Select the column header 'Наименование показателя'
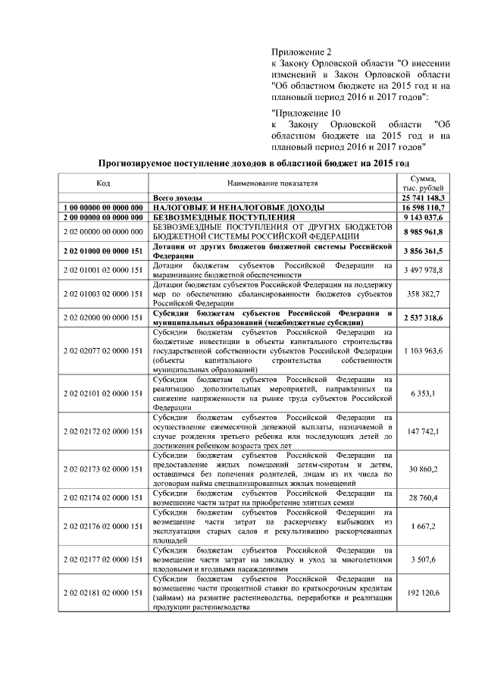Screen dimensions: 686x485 [x=273, y=183]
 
